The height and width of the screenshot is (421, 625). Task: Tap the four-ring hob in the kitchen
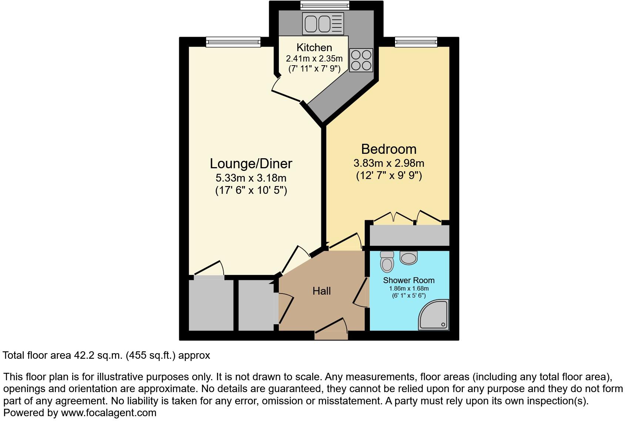point(361,60)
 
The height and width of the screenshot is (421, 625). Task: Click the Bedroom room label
point(389,149)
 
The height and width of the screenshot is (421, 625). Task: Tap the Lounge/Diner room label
point(251,163)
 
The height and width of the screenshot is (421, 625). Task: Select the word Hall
point(321,291)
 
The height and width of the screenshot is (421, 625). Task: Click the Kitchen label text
point(314,47)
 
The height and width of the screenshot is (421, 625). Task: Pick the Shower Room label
point(409,280)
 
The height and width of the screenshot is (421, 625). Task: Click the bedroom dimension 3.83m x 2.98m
point(389,163)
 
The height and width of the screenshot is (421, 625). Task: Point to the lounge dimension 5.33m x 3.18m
point(251,178)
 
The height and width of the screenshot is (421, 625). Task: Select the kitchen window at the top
point(325,5)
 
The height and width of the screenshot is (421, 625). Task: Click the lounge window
point(233,42)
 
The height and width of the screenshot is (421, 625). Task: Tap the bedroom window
point(416,42)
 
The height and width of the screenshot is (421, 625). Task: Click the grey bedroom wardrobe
point(409,235)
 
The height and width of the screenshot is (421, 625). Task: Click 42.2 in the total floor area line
point(83,355)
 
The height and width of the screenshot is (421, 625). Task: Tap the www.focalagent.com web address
point(108,412)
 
